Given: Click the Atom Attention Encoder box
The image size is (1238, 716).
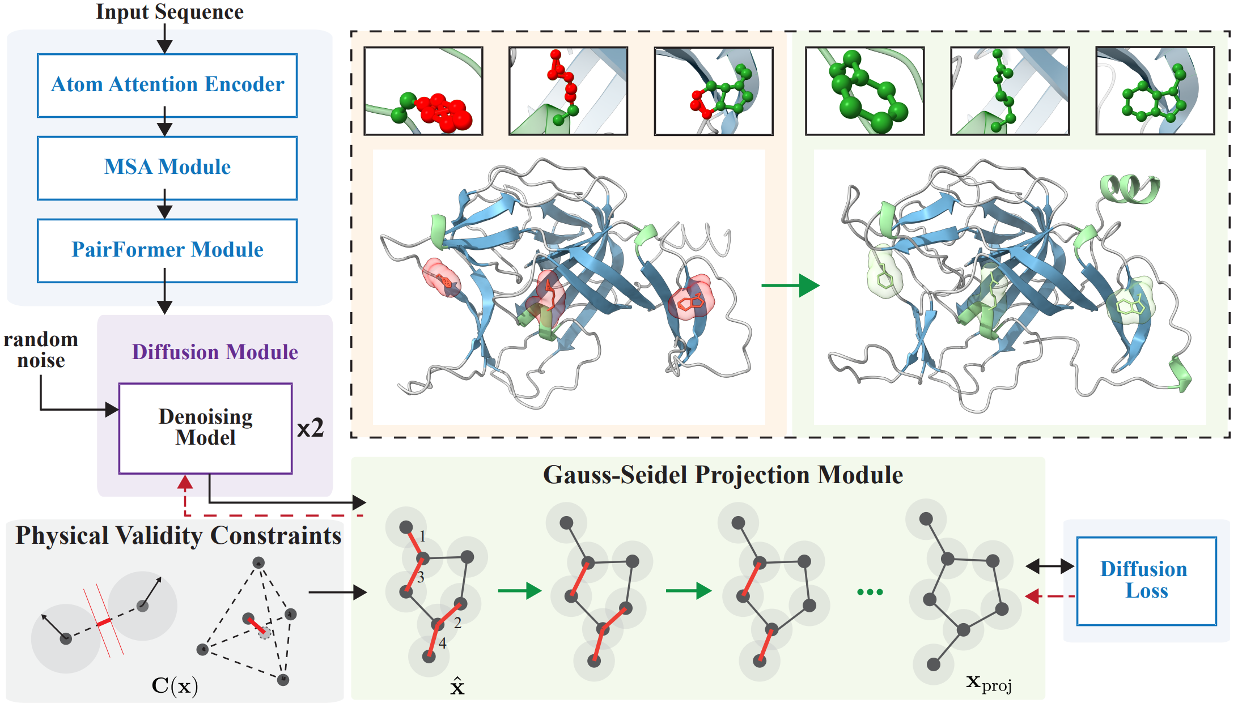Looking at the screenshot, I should pos(167,86).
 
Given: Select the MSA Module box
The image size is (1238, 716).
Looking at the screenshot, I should pos(167,168).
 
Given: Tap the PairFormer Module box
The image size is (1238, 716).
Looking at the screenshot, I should pos(167,250).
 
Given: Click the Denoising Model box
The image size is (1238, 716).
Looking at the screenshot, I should pos(205,428).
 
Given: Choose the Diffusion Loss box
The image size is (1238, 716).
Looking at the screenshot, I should pos(1146,581).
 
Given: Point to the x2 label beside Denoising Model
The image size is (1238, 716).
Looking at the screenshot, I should pos(310,428).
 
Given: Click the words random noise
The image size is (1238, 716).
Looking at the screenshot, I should pos(41,350).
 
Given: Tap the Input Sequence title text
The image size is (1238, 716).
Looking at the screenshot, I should pos(169,12).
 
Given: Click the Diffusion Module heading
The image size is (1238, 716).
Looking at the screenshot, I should pos(215,352).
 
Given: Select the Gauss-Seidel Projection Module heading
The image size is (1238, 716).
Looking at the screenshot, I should pos(723,475).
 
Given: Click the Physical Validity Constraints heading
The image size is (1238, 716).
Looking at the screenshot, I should pos(178,536).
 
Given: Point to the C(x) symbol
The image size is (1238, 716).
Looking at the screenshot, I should pos(175,686).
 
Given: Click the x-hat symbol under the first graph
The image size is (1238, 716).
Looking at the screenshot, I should pos(457,687).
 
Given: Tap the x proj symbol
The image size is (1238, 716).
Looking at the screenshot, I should pos(988,683).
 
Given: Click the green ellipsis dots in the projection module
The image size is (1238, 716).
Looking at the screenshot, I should pos(870,592).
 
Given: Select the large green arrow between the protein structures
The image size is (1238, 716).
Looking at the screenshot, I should pos(790,285).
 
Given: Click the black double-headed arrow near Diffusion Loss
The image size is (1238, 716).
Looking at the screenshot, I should pos(1050,565).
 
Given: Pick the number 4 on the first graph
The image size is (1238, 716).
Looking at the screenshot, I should pos(442,643).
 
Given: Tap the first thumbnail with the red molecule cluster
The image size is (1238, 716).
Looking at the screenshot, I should pos(423,91).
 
